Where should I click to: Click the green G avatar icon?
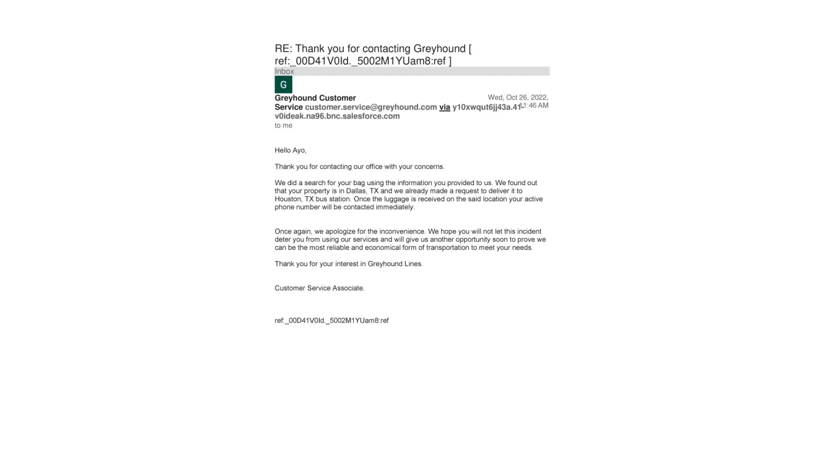283,85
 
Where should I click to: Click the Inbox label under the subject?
284,71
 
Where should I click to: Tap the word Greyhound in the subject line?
439,49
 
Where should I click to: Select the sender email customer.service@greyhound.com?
371,107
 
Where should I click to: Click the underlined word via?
444,107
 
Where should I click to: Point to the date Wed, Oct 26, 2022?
518,97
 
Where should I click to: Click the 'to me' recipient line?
283,125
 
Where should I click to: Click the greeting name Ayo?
299,150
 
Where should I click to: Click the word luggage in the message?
396,199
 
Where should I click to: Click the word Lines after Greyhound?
414,264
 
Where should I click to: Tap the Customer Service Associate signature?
319,288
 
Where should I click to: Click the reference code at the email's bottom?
331,320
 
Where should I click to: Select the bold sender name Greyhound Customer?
315,98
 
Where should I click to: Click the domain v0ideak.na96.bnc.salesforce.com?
337,116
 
